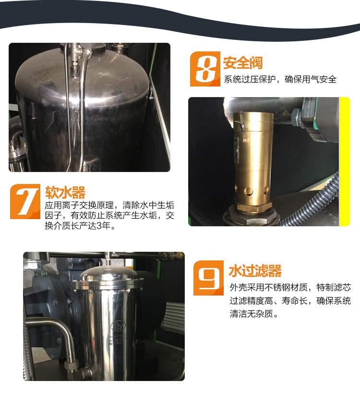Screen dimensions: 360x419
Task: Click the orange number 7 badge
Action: pyautogui.click(x=25, y=201)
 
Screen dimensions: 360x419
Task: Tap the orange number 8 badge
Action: pyautogui.click(x=205, y=69)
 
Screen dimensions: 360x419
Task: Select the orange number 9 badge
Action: pyautogui.click(x=208, y=278)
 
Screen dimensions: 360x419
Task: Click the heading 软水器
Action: pyautogui.click(x=65, y=192)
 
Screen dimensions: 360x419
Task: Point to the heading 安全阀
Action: pyautogui.click(x=243, y=62)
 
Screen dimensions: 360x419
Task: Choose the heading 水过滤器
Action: pyautogui.click(x=255, y=271)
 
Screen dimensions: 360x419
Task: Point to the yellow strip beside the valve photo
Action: pyautogui.click(x=344, y=161)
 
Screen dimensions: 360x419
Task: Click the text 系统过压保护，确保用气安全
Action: pyautogui.click(x=280, y=79)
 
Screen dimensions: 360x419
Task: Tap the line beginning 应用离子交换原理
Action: pyautogui.click(x=109, y=205)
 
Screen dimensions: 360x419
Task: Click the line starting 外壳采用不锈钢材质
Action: pyautogui.click(x=290, y=287)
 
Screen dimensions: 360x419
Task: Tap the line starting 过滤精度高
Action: pyautogui.click(x=290, y=301)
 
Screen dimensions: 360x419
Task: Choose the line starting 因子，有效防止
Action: pyautogui.click(x=109, y=215)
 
